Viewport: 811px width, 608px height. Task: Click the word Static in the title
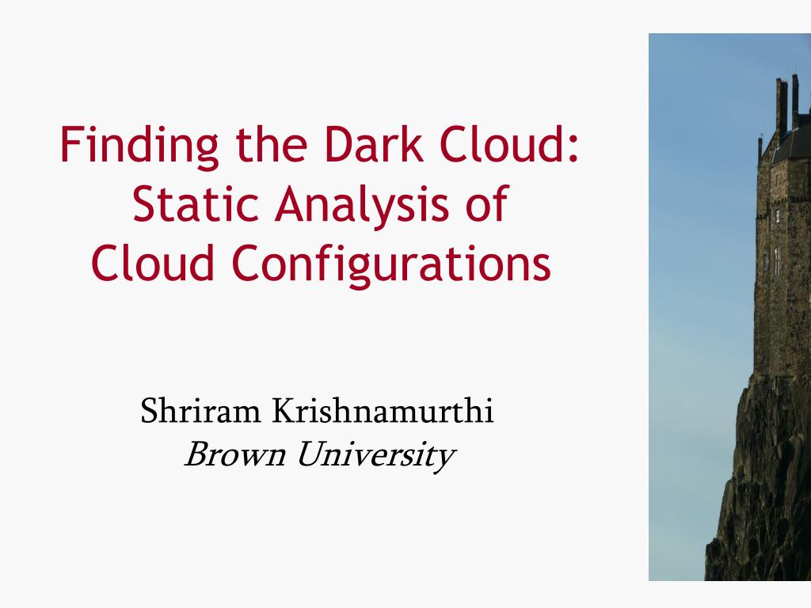(x=196, y=203)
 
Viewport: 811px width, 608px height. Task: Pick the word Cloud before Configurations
(x=153, y=262)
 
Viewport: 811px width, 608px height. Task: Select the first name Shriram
(x=200, y=411)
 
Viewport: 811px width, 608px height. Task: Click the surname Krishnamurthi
(x=383, y=411)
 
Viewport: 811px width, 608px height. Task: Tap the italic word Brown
(x=234, y=454)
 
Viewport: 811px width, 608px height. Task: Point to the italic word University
(x=376, y=456)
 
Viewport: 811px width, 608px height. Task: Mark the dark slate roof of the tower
(x=791, y=139)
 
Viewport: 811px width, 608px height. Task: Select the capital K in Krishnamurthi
(x=284, y=411)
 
